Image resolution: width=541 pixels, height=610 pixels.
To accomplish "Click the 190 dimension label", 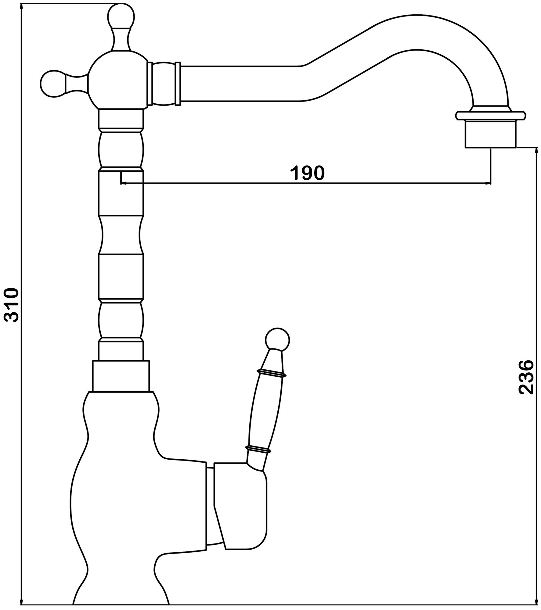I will pos(307,174).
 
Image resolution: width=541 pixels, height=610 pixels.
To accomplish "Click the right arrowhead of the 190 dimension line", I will pos(488,183).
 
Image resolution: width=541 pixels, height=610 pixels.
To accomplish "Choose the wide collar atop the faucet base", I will pos(121,376).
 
